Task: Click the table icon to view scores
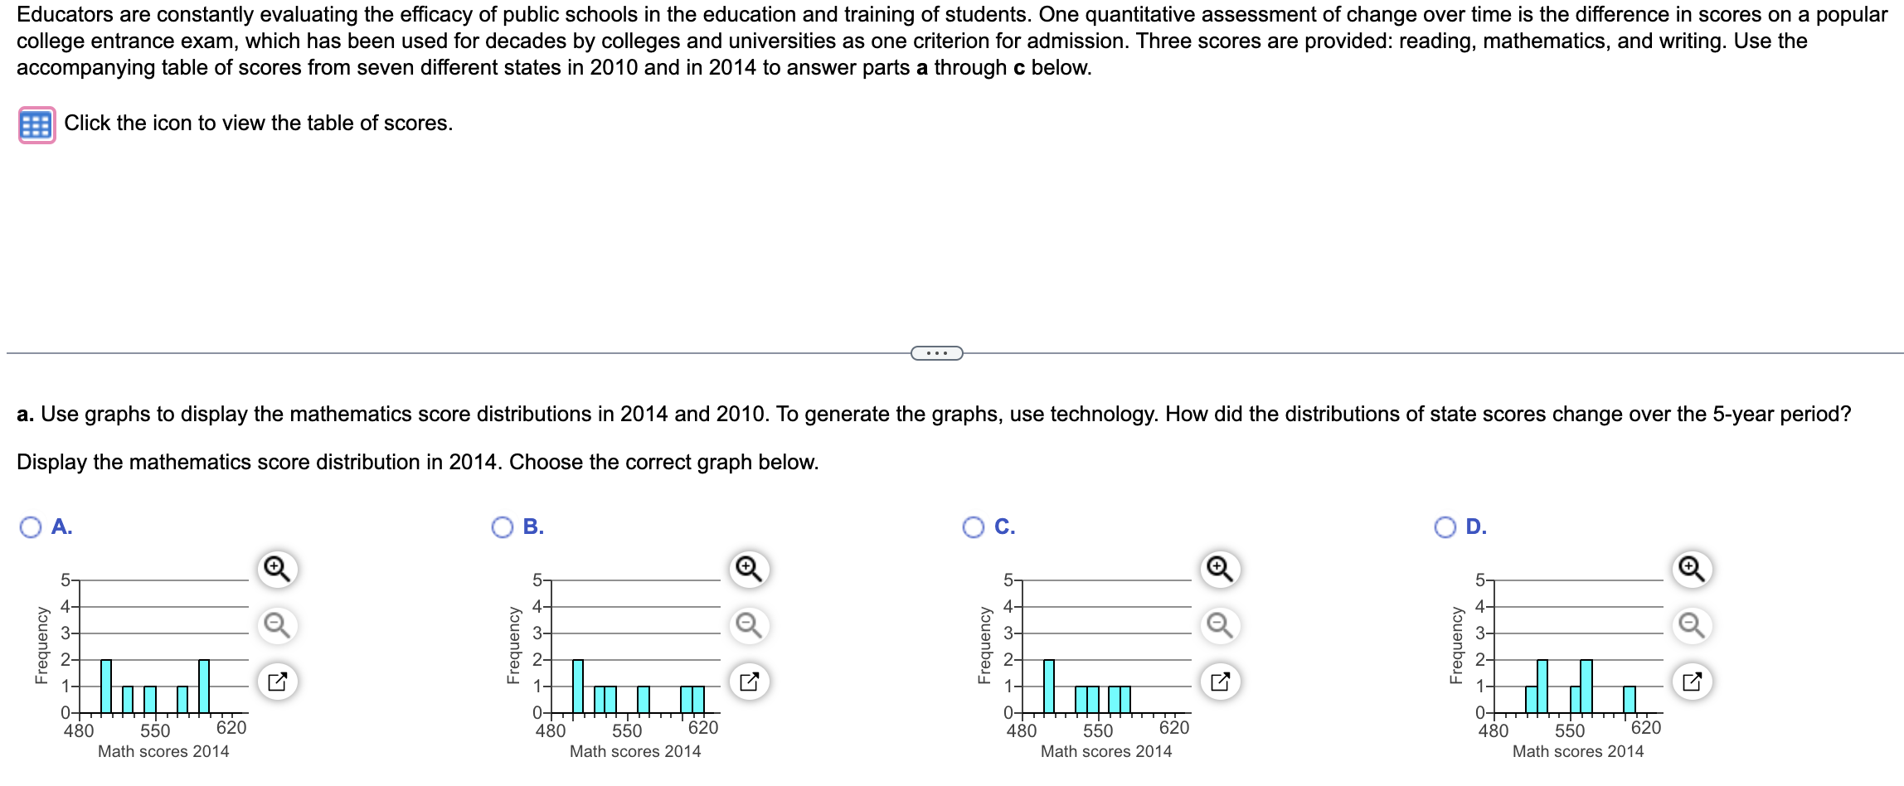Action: pyautogui.click(x=36, y=125)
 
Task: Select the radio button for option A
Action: pyautogui.click(x=31, y=527)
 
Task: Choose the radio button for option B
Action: pyautogui.click(x=503, y=527)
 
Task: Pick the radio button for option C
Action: pyautogui.click(x=974, y=527)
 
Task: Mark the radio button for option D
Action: pyautogui.click(x=1445, y=527)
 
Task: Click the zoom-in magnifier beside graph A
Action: pyautogui.click(x=277, y=570)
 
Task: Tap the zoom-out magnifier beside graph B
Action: pyautogui.click(x=749, y=625)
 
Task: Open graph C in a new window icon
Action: pyautogui.click(x=1220, y=682)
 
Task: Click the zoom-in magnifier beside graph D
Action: pyautogui.click(x=1692, y=570)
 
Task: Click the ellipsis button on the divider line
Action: pyautogui.click(x=936, y=354)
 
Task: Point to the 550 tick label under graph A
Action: pyautogui.click(x=155, y=731)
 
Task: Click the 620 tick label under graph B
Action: pyautogui.click(x=703, y=728)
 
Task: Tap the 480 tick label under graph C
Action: pyautogui.click(x=1021, y=731)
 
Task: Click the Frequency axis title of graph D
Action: pyautogui.click(x=1455, y=646)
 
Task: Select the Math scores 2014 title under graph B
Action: pyautogui.click(x=635, y=752)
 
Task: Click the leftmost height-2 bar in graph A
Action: pyautogui.click(x=106, y=687)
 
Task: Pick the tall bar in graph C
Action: pyautogui.click(x=1049, y=687)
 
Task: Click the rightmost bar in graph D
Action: pyautogui.click(x=1629, y=700)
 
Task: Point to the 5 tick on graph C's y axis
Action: pyautogui.click(x=1008, y=580)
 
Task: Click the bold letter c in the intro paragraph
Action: pyautogui.click(x=1019, y=68)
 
